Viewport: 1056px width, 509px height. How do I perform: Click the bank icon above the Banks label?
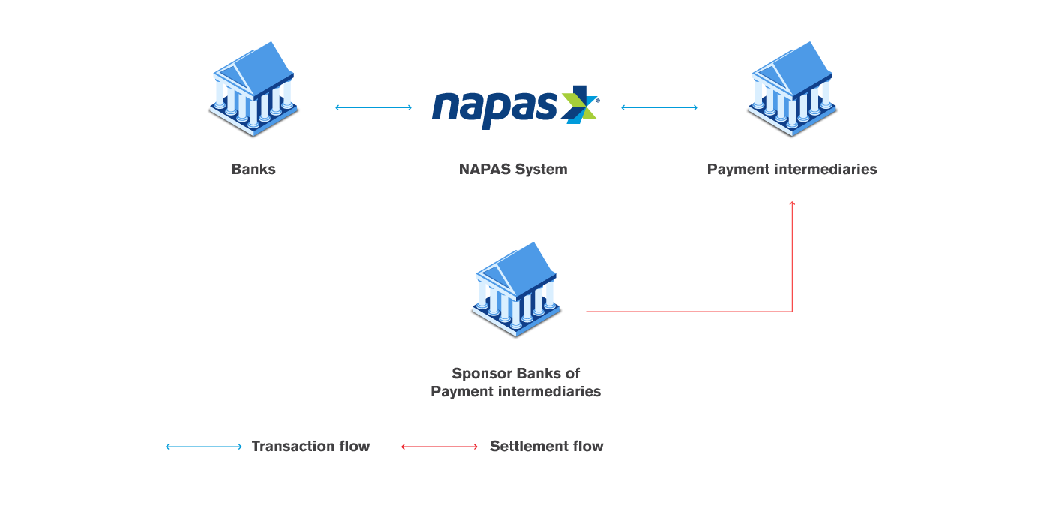(x=253, y=91)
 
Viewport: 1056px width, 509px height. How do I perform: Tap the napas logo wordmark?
(x=494, y=107)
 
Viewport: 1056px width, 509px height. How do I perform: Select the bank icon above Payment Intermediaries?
(x=792, y=91)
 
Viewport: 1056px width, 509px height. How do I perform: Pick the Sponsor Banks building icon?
(x=516, y=291)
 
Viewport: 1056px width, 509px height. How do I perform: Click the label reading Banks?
(x=253, y=169)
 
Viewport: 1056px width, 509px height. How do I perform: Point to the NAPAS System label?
(x=513, y=169)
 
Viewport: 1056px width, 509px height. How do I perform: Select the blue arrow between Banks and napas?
(x=373, y=107)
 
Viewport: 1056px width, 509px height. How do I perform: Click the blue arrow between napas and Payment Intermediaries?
(x=659, y=107)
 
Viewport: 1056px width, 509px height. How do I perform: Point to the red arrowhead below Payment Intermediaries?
(x=792, y=203)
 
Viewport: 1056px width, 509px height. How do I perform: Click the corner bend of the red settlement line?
(x=792, y=311)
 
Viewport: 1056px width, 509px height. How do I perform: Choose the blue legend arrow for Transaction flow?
(x=204, y=447)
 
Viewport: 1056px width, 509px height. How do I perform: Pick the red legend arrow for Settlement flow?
(x=439, y=447)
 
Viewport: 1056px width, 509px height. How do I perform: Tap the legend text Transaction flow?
(x=310, y=446)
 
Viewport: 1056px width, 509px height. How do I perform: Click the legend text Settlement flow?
(x=546, y=446)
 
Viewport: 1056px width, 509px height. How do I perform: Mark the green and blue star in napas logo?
(x=580, y=104)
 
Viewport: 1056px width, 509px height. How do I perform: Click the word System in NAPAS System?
(x=541, y=169)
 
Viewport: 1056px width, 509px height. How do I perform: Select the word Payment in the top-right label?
(x=737, y=169)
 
